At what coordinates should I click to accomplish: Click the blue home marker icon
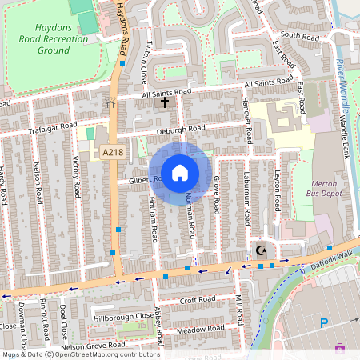[180, 173]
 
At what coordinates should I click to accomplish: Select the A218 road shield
[112, 152]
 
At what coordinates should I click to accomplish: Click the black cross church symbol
[166, 102]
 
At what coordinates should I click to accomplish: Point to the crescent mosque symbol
[260, 250]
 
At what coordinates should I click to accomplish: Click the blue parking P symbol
[324, 323]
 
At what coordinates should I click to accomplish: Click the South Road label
[300, 36]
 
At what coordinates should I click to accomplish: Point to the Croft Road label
[198, 300]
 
